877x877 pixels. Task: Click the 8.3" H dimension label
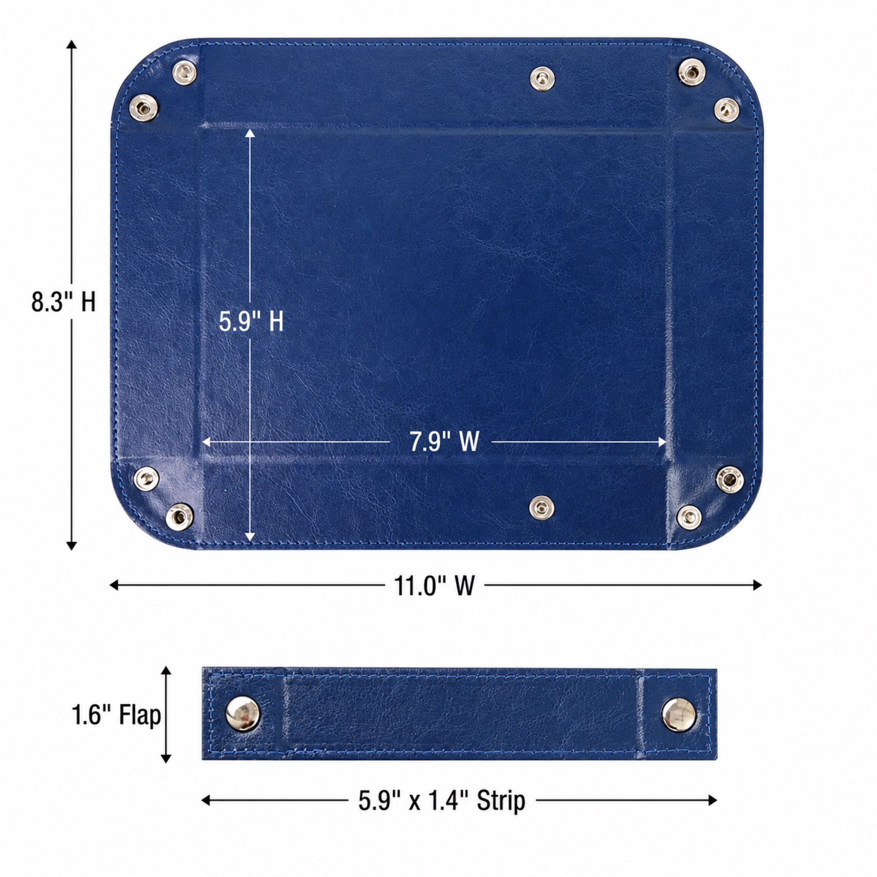pos(64,302)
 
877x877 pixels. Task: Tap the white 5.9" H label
pos(251,322)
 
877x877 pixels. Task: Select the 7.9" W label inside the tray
pos(444,441)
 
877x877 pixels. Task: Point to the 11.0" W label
pos(434,585)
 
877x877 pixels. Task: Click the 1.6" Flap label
pos(117,716)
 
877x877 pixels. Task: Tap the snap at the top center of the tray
pos(542,78)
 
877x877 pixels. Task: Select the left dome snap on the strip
pos(243,713)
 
